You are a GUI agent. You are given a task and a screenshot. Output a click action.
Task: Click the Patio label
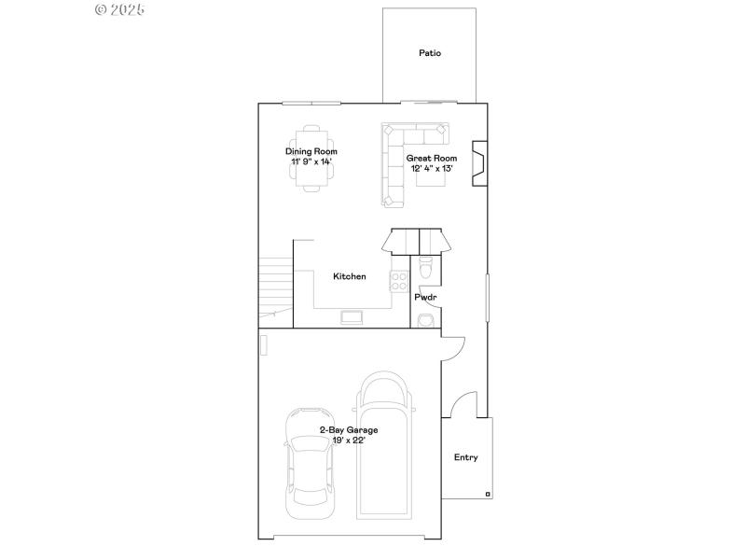coord(430,53)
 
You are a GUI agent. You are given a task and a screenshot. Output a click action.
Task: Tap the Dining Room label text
coord(311,151)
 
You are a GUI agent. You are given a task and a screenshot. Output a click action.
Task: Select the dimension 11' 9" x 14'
coord(311,161)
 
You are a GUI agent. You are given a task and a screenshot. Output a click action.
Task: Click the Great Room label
coord(432,159)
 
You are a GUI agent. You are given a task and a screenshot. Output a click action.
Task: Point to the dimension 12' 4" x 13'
coord(432,169)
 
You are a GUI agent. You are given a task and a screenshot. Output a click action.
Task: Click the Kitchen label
coord(350,276)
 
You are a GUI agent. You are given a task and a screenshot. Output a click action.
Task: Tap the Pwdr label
coord(426,298)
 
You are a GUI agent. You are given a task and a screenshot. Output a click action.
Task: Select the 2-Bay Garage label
coord(349,430)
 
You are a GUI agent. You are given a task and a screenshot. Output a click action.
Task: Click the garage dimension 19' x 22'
coord(349,441)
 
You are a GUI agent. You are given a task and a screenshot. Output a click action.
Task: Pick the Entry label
coord(466,457)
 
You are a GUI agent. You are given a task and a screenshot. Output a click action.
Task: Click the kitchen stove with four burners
coord(399,279)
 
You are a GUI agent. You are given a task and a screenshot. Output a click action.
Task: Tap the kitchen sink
coord(353,318)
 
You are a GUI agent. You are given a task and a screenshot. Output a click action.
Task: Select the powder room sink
coord(425,320)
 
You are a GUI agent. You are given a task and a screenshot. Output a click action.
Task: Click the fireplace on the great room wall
coord(477,164)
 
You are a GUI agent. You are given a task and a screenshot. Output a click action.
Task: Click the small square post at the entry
coord(487,493)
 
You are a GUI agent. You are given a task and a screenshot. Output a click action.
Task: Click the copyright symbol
coord(102,9)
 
